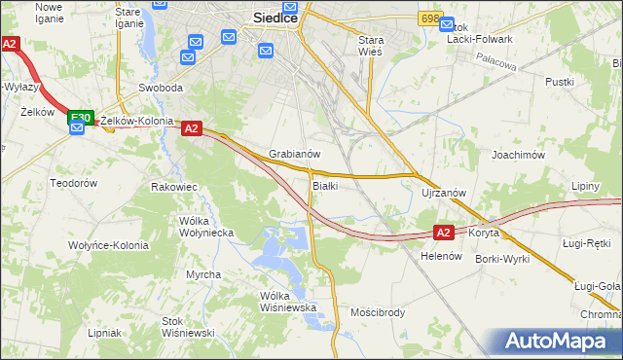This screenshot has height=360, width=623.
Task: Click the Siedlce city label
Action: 275,17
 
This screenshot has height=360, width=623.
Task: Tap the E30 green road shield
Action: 80,118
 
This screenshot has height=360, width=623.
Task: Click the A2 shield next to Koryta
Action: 443,233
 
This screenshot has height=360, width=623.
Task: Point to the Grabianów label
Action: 295,154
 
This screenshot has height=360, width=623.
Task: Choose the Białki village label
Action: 325,186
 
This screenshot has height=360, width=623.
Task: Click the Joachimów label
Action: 517,154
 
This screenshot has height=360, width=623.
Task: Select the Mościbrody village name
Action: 377,312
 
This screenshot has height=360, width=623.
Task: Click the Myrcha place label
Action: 203,274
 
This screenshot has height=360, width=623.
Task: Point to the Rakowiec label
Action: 175,186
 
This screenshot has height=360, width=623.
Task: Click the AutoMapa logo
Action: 560,342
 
